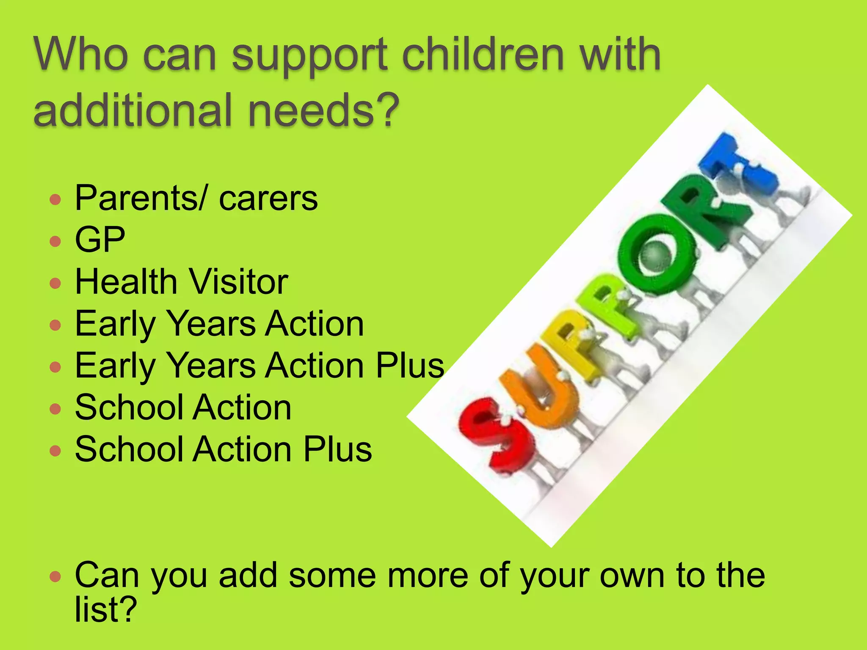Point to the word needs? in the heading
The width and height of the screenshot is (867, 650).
tap(323, 110)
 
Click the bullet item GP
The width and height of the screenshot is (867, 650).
tap(100, 240)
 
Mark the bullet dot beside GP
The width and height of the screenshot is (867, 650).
tap(55, 241)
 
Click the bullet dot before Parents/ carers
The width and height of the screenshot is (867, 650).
tap(55, 199)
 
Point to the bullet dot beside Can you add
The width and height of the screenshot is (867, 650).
tap(55, 576)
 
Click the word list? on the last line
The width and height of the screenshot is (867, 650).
tap(106, 609)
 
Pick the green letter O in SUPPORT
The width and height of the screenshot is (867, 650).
tap(656, 254)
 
